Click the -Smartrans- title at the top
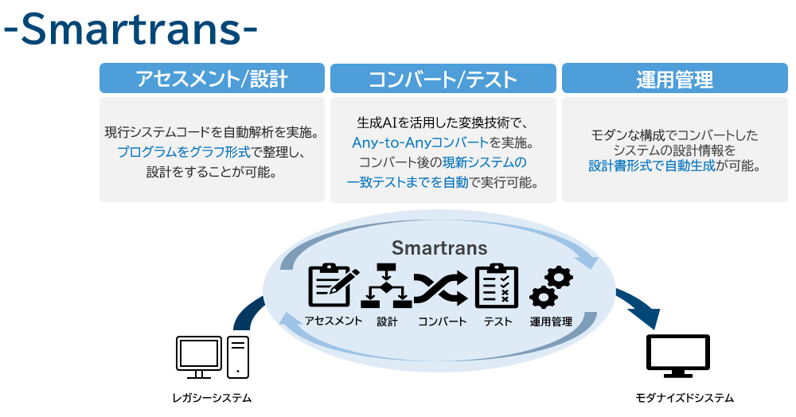coord(131,29)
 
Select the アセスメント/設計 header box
coord(212,78)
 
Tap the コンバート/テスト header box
coord(443,78)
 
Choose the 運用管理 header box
coord(675,78)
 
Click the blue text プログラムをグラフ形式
coord(184,152)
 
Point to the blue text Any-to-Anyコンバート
coord(420,142)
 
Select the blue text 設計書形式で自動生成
coord(652,166)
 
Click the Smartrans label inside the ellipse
coord(439,247)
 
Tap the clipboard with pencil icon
coord(334,285)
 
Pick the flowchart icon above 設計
coord(386,286)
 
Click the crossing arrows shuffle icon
coord(441,288)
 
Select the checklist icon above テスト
coord(497,286)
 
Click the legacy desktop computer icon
coord(213,357)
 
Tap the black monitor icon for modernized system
coord(677,356)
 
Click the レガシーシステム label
coord(213,398)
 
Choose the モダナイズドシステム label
coord(685,398)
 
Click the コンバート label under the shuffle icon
coord(442,322)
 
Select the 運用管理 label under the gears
coord(552,322)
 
